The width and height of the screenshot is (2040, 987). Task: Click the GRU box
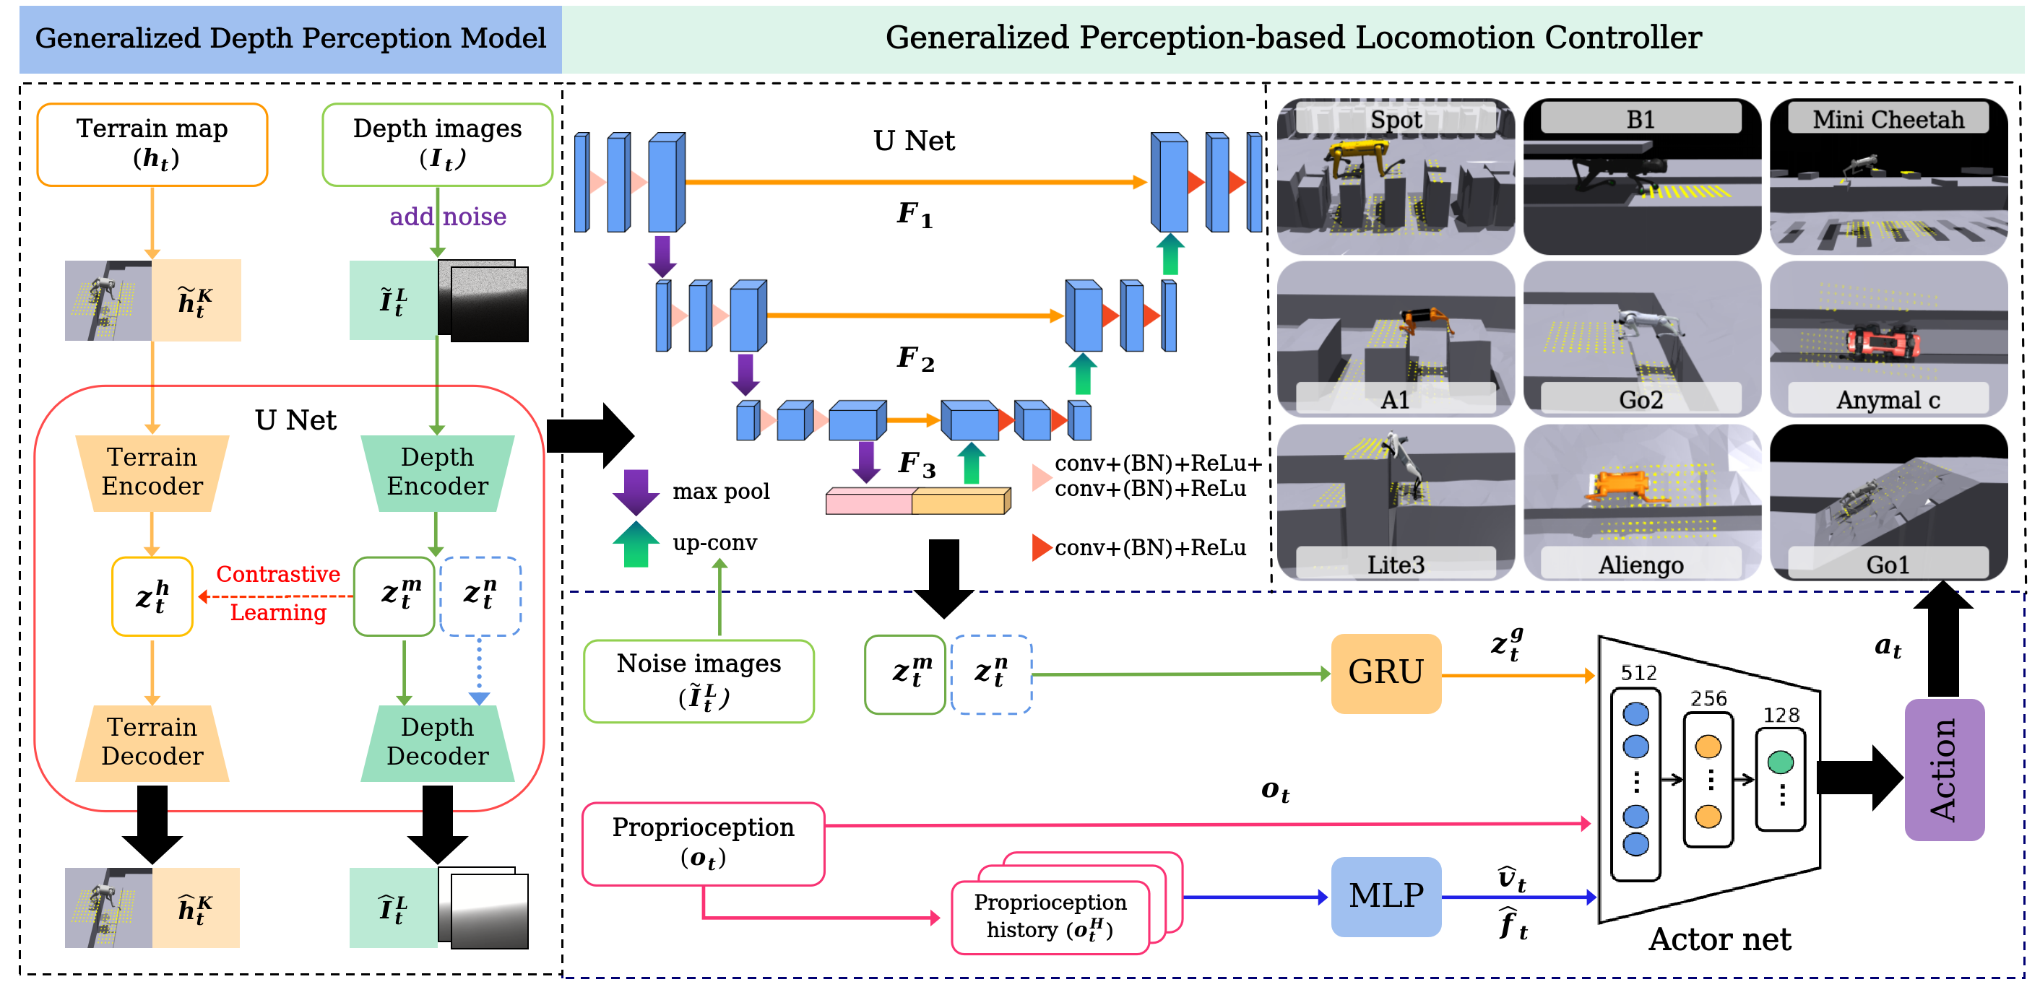[1385, 673]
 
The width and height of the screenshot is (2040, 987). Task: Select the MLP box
[1385, 896]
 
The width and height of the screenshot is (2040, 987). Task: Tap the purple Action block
[1943, 770]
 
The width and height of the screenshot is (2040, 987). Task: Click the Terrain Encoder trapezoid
[152, 471]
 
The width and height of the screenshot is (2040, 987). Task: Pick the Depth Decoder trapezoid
[437, 742]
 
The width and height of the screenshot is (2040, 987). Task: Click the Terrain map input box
[152, 144]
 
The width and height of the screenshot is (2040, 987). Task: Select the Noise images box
[699, 681]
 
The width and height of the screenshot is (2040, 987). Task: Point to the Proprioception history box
[1050, 916]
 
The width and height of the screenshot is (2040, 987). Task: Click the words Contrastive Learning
[278, 593]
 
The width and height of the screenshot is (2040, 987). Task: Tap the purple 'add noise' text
[447, 217]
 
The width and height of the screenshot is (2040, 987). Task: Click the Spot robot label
[1396, 120]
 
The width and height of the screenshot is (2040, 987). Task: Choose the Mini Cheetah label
[1888, 120]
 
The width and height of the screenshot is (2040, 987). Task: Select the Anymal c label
[1888, 400]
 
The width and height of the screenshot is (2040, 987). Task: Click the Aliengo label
[1641, 565]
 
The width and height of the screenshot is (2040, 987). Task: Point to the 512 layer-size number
[1638, 673]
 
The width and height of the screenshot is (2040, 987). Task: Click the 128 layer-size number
[1781, 715]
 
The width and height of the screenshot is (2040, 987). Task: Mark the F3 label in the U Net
[916, 464]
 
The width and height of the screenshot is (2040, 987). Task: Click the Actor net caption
[1719, 939]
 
